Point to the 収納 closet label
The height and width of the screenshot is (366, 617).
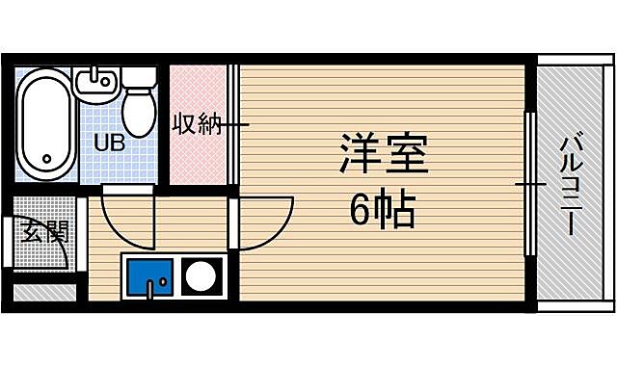pyautogui.click(x=198, y=124)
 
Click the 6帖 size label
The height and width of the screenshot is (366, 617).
pyautogui.click(x=381, y=210)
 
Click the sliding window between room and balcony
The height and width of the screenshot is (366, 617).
pyautogui.click(x=528, y=183)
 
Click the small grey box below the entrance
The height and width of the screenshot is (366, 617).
pyautogui.click(x=42, y=290)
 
